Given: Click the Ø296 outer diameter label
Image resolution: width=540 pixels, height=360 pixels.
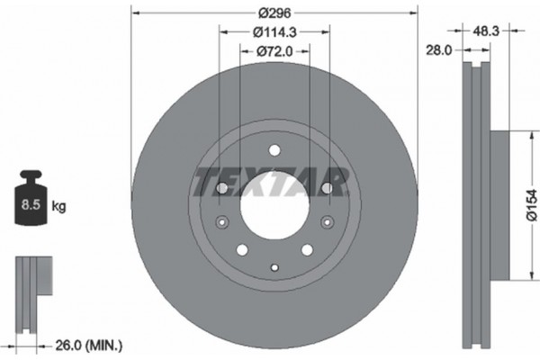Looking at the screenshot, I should pos(274,14).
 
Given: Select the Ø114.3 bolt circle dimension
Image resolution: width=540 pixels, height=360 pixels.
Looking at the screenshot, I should pos(274,33).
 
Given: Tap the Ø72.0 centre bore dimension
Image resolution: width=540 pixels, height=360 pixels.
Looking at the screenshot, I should pos(274,51).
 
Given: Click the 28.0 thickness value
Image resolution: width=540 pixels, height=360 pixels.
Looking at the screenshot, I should pos(438,51).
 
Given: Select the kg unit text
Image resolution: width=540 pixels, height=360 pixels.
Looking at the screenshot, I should pos(59,207).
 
